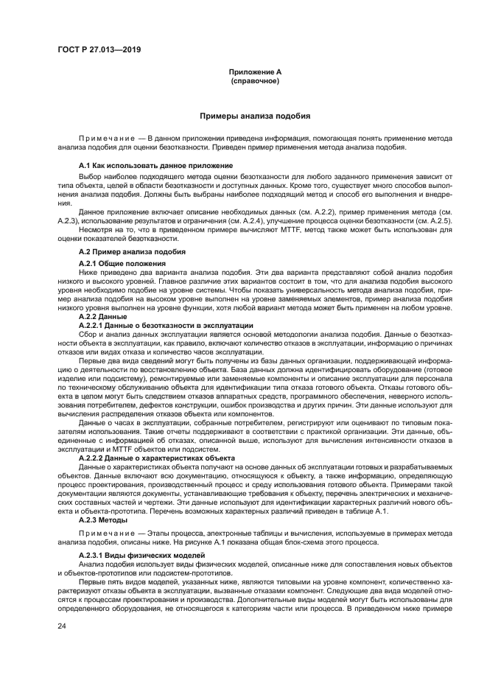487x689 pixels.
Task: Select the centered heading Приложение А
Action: (255, 72)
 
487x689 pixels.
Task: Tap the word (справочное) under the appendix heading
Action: (255, 80)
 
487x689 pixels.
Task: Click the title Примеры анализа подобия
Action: (255, 116)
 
